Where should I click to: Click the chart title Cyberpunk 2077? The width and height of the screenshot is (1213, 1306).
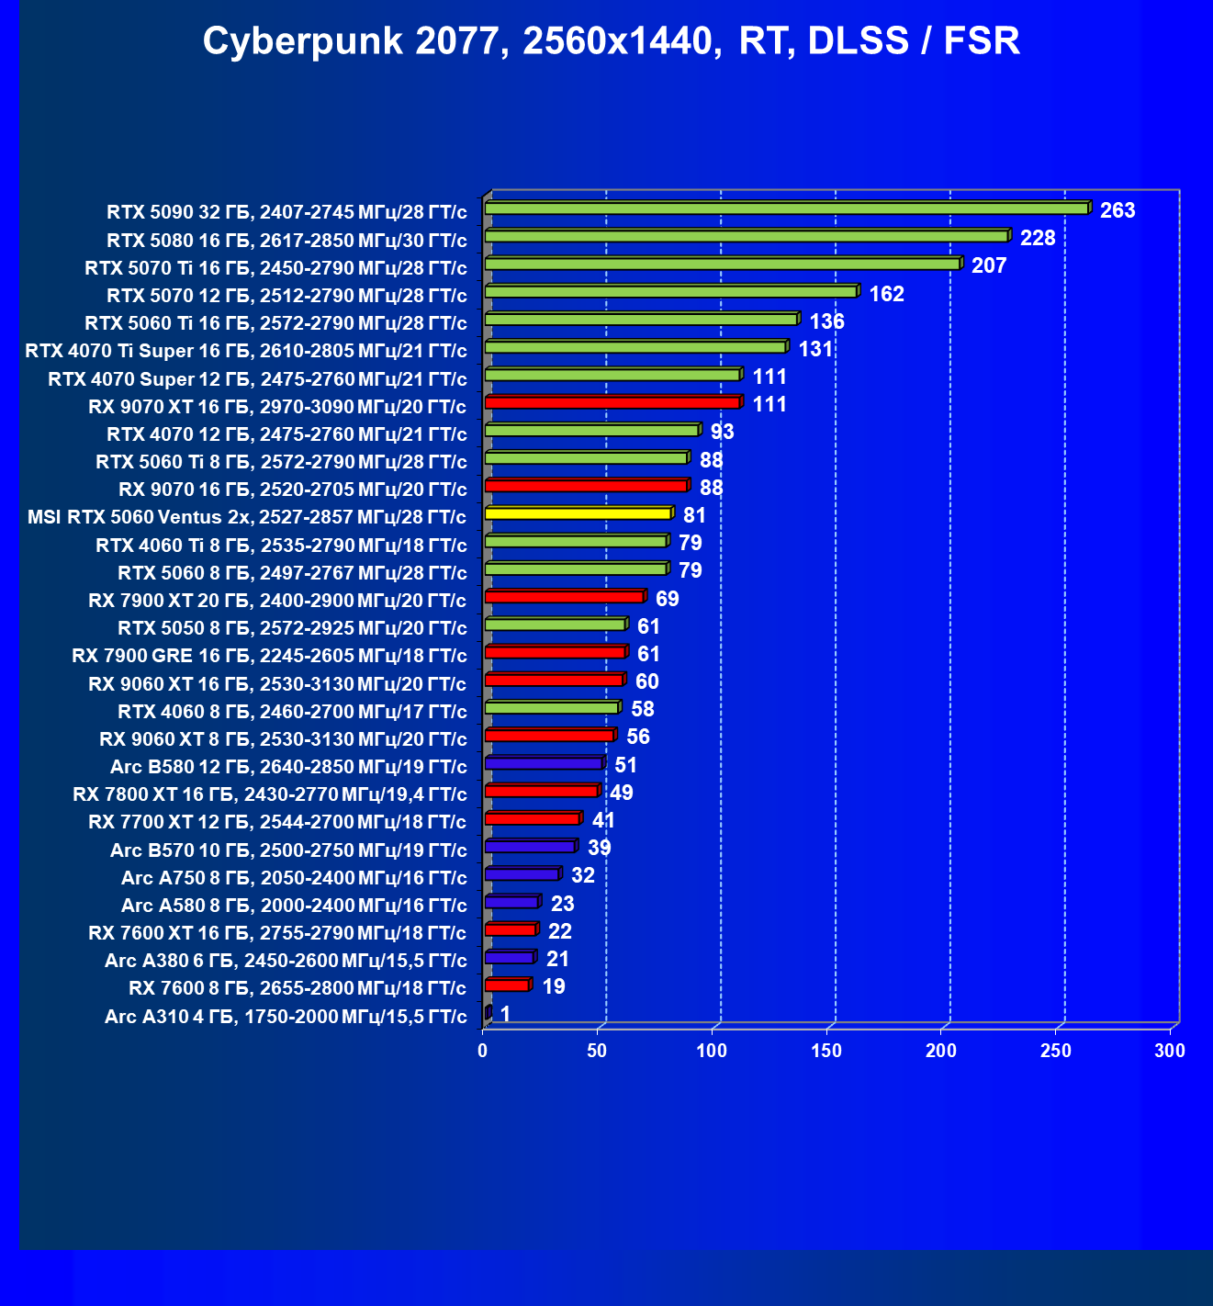611,41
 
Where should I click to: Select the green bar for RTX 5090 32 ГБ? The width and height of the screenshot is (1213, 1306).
786,208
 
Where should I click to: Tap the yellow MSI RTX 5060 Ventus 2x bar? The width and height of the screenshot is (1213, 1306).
578,513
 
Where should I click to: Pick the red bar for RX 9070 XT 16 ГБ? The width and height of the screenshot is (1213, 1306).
612,402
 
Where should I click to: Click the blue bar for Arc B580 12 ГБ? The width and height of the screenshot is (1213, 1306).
543,762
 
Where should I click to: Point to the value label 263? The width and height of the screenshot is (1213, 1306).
1118,210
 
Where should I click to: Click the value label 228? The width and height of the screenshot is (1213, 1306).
1038,238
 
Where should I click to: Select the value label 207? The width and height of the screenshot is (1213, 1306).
989,265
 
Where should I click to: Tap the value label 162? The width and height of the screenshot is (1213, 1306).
886,294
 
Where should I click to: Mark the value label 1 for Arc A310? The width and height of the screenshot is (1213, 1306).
505,1014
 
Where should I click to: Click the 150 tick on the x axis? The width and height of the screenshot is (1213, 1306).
826,1051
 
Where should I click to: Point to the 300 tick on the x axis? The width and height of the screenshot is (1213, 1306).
1170,1051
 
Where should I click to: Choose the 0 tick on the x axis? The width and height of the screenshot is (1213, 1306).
483,1051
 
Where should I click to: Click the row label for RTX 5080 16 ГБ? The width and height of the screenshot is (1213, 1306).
286,241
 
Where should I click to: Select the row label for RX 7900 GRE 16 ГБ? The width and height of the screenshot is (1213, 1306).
269,656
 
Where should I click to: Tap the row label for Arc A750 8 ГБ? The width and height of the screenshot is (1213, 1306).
294,878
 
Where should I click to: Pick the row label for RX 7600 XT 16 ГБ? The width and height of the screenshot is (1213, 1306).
277,933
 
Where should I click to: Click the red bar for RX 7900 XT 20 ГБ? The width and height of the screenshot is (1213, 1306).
564,596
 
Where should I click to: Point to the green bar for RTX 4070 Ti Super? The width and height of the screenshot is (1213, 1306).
635,347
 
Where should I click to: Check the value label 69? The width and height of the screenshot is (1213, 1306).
668,599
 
